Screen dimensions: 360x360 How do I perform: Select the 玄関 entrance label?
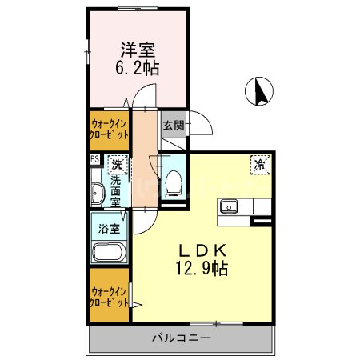[x=173, y=125]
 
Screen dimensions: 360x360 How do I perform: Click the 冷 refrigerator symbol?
[x=261, y=164]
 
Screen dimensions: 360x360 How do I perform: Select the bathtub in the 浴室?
[x=108, y=253]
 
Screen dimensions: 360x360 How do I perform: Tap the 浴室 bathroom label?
[x=109, y=228]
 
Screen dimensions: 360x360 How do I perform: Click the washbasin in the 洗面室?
[x=97, y=194]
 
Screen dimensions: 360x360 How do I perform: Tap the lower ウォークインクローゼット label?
[x=110, y=298]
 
